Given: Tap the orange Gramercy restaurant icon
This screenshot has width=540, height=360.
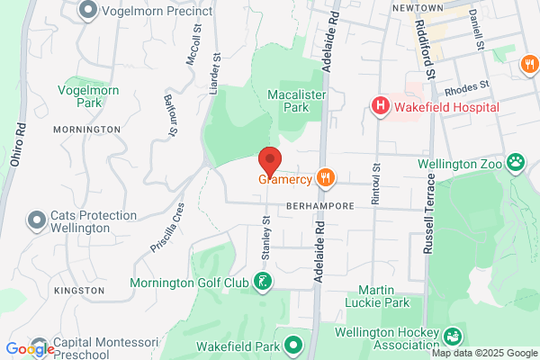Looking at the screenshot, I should pos(326,179).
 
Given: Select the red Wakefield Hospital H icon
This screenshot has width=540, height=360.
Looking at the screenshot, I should pos(381,107).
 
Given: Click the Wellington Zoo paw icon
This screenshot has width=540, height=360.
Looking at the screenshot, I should pos(516,164).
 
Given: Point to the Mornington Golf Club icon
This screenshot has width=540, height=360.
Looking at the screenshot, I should pos(262,283).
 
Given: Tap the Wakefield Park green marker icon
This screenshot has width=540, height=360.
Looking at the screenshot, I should pos(293,344).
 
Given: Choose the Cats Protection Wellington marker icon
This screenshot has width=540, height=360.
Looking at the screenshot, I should pos(37,220).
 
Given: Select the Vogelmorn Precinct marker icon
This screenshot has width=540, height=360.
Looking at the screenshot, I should pos(88,11).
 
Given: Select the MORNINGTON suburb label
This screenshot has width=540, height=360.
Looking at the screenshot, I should pos(87,130).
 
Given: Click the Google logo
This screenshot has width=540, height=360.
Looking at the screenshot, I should pos(30,349).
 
